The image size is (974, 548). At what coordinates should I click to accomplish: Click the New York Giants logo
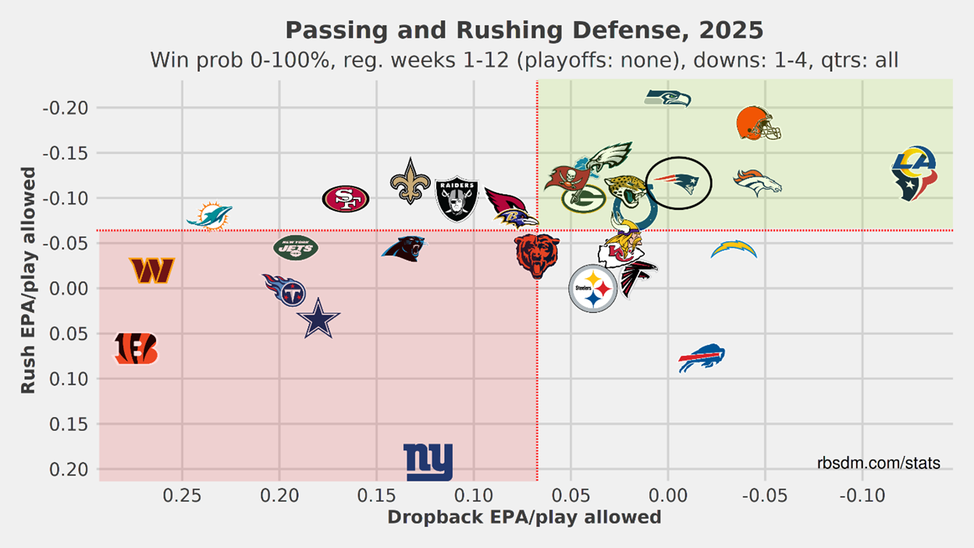click(x=428, y=461)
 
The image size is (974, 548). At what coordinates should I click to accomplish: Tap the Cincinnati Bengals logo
click(x=136, y=349)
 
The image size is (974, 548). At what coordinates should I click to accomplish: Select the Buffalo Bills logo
click(x=702, y=358)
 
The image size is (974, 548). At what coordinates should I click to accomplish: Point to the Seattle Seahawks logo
click(x=668, y=98)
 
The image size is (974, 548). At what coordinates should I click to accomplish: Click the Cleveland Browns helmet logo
click(x=759, y=123)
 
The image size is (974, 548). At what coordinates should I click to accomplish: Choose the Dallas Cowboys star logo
click(x=318, y=319)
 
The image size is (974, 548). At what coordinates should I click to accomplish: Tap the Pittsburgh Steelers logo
click(x=593, y=288)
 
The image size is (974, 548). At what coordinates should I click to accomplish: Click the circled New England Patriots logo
click(x=678, y=182)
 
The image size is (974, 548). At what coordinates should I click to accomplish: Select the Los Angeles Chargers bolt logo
click(x=734, y=250)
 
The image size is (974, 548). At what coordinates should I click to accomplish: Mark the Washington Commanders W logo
click(x=152, y=270)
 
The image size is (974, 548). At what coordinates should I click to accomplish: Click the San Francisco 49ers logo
click(x=346, y=199)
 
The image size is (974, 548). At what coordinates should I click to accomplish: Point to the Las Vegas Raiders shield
click(x=457, y=198)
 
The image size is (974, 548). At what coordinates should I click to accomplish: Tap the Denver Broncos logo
click(x=757, y=182)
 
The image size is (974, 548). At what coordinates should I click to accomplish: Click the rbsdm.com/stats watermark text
click(x=879, y=464)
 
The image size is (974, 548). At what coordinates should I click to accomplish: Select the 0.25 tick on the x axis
click(x=182, y=495)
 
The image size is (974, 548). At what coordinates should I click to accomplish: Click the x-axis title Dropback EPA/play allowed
click(x=524, y=518)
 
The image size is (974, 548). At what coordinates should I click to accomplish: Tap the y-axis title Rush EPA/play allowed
click(x=28, y=279)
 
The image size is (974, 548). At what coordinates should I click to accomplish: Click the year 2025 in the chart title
click(x=730, y=30)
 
